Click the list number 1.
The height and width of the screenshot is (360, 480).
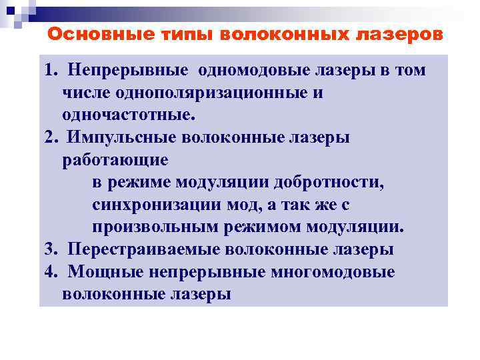tap(51, 70)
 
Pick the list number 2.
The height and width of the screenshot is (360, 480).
tap(51, 137)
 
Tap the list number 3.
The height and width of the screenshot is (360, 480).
tap(51, 249)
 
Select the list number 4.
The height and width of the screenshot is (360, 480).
tap(51, 271)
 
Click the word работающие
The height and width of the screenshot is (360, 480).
tap(115, 159)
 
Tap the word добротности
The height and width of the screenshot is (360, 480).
tap(337, 182)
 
